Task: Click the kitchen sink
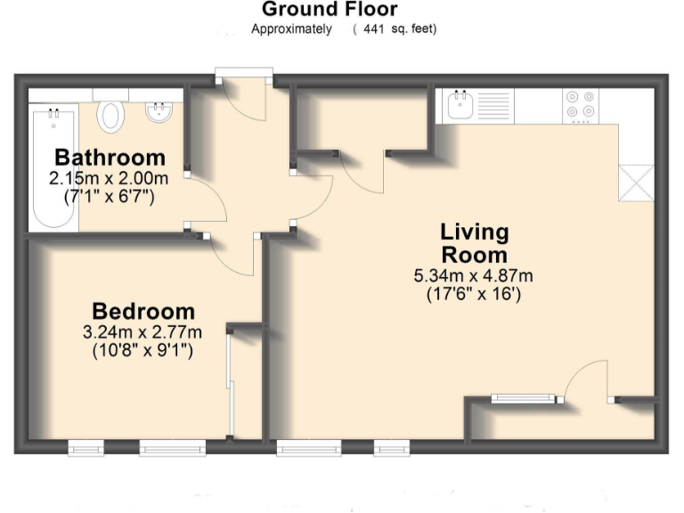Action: (460, 107)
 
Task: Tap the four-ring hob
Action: (580, 105)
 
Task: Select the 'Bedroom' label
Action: (142, 312)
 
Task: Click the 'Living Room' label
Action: (474, 242)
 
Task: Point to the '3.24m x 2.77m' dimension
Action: (142, 333)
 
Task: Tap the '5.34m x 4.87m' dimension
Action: (474, 275)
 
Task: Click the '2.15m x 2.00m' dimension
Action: (109, 178)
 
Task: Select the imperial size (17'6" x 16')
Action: (474, 293)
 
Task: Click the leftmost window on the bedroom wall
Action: (86, 450)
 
